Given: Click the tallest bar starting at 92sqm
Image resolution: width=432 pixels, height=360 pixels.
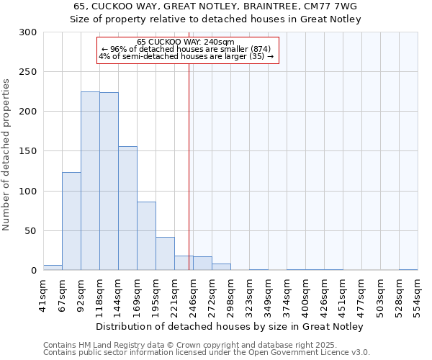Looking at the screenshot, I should [90, 181].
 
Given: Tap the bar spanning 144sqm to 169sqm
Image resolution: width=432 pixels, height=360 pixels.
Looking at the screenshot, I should [127, 208].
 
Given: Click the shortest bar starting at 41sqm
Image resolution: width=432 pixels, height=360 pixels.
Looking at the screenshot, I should [53, 268].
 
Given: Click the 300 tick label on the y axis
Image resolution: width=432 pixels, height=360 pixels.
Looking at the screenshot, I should [28, 32].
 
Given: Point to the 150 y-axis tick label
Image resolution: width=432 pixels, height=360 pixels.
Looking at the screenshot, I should [28, 151].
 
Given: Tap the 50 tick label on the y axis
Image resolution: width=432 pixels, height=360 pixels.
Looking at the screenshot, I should [31, 231].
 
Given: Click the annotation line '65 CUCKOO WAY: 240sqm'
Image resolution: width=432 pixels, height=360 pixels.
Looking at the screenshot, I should [186, 42].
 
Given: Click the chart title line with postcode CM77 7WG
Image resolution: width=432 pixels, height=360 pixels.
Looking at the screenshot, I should [216, 6].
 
